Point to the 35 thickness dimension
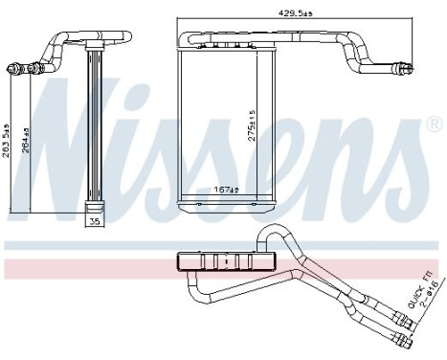coord(94,222)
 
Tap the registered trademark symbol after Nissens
coord(435,125)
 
